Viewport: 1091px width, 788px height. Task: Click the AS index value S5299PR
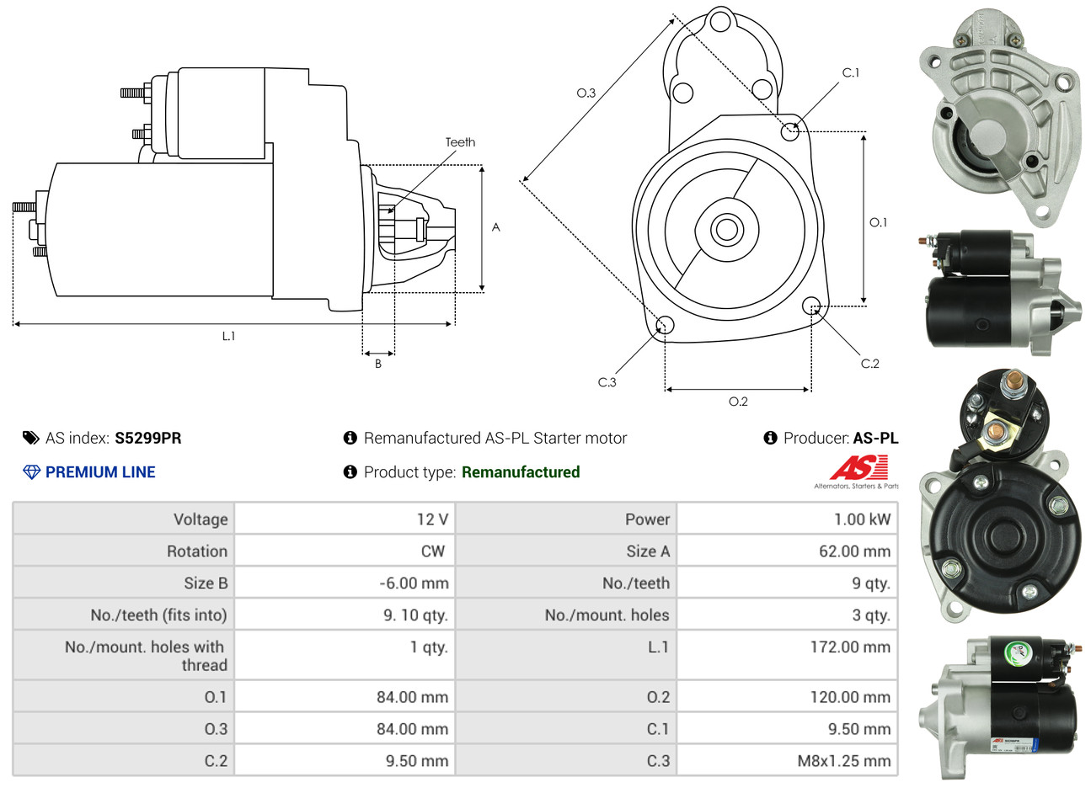click(x=147, y=438)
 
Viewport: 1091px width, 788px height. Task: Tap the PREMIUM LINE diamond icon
click(x=31, y=472)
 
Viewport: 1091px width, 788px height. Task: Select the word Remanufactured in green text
click(x=521, y=472)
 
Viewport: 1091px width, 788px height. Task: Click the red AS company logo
click(x=858, y=467)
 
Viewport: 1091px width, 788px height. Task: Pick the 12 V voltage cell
click(x=432, y=519)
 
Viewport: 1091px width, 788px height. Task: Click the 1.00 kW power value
click(x=862, y=519)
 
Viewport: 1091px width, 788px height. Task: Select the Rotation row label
click(x=197, y=551)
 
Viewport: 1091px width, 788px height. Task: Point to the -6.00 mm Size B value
click(x=414, y=583)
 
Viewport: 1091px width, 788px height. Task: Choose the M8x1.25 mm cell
click(x=844, y=761)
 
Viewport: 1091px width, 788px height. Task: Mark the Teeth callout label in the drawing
click(x=460, y=142)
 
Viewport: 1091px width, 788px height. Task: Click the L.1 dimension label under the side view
click(x=228, y=336)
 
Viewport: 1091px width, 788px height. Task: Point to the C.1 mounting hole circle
click(x=790, y=130)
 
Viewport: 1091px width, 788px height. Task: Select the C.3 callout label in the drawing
click(x=607, y=382)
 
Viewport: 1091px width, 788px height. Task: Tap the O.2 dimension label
click(x=738, y=402)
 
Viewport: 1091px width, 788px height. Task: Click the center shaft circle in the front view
click(x=725, y=229)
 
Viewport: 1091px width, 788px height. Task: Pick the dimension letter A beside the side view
click(x=496, y=227)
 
